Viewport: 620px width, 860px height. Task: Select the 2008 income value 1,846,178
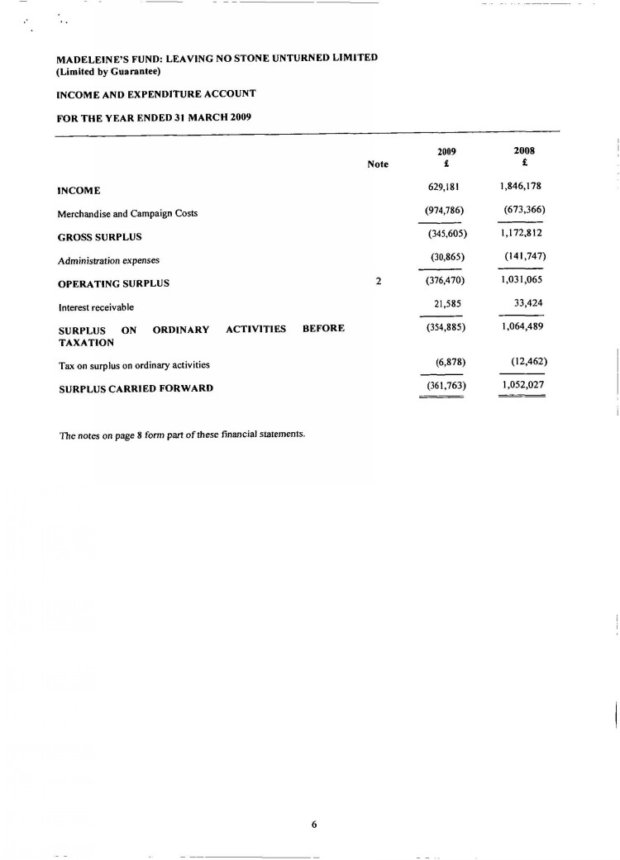tap(521, 186)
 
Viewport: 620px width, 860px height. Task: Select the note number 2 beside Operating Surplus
tap(378, 282)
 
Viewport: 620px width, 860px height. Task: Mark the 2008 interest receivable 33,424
tap(527, 303)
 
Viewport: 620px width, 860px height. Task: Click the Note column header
tap(378, 164)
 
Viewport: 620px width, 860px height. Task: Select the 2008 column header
tap(525, 151)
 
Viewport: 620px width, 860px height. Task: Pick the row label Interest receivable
tap(96, 307)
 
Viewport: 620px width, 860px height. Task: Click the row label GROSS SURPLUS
tap(100, 237)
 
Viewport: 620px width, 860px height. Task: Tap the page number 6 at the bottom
tap(314, 823)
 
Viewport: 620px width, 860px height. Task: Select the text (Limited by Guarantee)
tap(107, 71)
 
